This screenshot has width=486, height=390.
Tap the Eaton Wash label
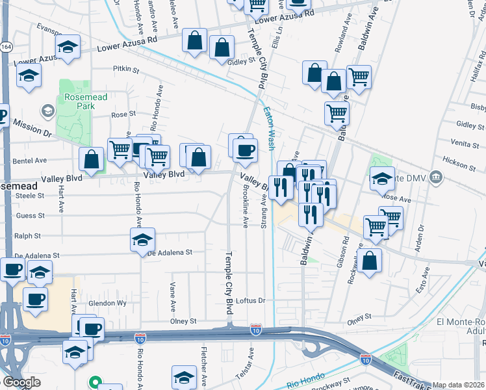point(269,128)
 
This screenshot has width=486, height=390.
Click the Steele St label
point(30,195)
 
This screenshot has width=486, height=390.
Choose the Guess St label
point(30,215)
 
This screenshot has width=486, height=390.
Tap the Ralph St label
point(28,236)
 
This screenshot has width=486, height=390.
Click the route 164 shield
point(6,47)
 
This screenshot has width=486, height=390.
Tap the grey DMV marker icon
point(437,176)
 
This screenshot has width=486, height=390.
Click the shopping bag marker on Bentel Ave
point(92,159)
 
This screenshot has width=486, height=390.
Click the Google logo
point(21,382)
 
